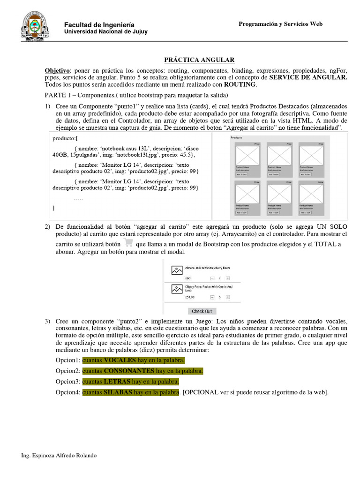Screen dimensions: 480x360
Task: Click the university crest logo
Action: pyautogui.click(x=34, y=25)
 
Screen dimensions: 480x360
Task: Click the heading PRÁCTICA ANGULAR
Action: pyautogui.click(x=199, y=60)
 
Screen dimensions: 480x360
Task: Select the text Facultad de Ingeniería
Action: pyautogui.click(x=99, y=24)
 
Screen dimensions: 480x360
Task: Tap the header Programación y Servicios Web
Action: pyautogui.click(x=280, y=24)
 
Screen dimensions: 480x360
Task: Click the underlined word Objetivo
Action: pyautogui.click(x=57, y=70)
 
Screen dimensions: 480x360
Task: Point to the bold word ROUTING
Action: pyautogui.click(x=240, y=84)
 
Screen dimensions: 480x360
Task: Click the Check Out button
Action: pyautogui.click(x=202, y=311)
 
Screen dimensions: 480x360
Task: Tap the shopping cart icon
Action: pyautogui.click(x=127, y=243)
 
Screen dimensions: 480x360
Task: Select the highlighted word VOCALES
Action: pyautogui.click(x=120, y=360)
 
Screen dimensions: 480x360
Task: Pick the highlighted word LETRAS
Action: pyautogui.click(x=117, y=382)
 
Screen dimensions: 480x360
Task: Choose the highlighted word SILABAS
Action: pyautogui.click(x=118, y=392)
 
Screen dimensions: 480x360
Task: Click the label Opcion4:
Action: pyautogui.click(x=68, y=392)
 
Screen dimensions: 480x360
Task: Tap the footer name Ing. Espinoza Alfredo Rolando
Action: pyautogui.click(x=60, y=455)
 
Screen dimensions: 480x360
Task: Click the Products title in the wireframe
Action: pyautogui.click(x=236, y=138)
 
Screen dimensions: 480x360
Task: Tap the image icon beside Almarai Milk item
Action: pyautogui.click(x=176, y=270)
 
